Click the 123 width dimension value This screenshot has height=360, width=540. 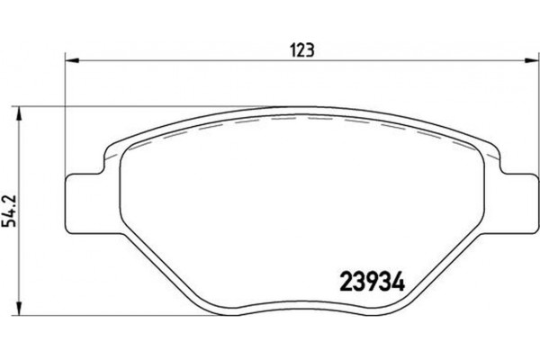[301, 50]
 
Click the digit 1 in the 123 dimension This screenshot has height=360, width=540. [293, 50]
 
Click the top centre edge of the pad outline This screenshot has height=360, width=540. [301, 111]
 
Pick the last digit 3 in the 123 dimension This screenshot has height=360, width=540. [310, 50]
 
